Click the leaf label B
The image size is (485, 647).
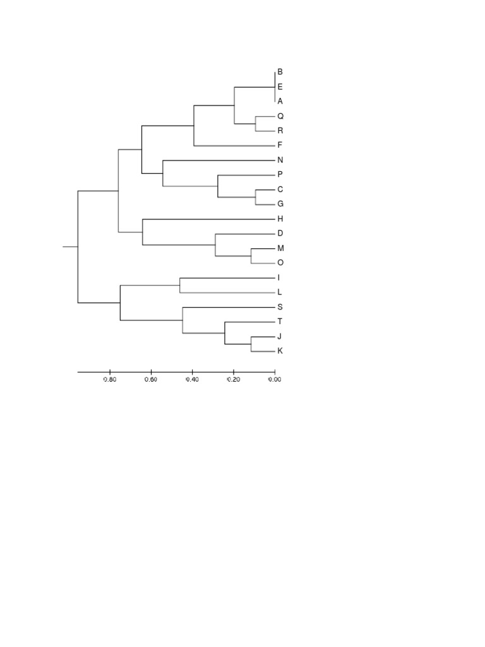[280, 72]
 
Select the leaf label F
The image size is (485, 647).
[280, 145]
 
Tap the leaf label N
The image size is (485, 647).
[280, 160]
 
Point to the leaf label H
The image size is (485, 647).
[280, 219]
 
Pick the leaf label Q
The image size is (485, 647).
[280, 116]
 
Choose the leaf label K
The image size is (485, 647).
[280, 351]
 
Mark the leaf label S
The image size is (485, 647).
[280, 306]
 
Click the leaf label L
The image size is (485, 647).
[280, 292]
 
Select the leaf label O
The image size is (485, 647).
[280, 263]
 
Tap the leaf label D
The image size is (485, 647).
[280, 233]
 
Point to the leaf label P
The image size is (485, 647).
[280, 174]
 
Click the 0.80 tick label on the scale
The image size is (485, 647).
[110, 380]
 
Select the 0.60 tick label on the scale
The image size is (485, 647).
[151, 380]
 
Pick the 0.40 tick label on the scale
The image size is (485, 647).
[192, 380]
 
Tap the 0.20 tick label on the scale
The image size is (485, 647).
[234, 380]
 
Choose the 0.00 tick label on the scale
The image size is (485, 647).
[275, 380]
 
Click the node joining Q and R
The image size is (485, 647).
[256, 124]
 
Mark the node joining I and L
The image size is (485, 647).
[180, 285]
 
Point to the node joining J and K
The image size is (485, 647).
[251, 344]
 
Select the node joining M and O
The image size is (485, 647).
[251, 255]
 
